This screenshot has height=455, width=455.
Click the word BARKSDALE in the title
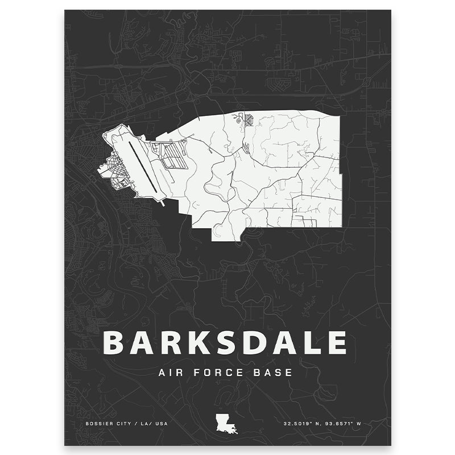(x=225, y=342)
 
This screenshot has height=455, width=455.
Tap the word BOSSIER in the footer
(x=97, y=424)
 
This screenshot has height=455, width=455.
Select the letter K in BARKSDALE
(x=197, y=342)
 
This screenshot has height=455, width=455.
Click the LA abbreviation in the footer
(x=144, y=424)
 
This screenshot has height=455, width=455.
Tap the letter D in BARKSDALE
(x=252, y=342)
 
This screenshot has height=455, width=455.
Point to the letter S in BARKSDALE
(x=224, y=342)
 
